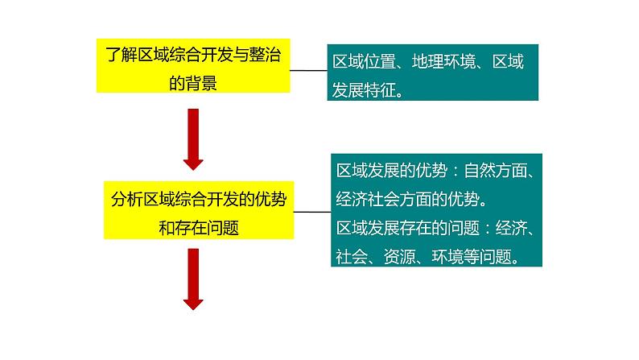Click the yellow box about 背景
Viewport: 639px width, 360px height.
193,66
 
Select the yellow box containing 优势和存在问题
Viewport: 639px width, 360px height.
199,210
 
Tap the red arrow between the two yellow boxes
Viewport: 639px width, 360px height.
193,139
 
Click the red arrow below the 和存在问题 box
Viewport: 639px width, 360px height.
193,279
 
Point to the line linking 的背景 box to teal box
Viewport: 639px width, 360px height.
308,71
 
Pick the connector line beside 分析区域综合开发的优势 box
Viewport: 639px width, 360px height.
312,212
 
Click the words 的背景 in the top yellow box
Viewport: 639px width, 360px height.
193,83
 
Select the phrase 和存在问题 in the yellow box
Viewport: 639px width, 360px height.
199,227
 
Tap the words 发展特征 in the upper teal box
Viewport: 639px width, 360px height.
364,90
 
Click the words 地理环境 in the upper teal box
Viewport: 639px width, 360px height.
443,61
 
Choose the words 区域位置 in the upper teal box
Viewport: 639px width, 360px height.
364,61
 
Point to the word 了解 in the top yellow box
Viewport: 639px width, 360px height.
122,55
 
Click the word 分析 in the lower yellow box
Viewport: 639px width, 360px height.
126,200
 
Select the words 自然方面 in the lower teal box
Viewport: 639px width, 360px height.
496,171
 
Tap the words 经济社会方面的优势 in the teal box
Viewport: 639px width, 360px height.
407,200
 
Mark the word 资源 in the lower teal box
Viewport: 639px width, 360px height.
399,256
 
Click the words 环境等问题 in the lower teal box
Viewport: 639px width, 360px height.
472,256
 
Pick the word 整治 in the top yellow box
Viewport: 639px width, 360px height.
265,55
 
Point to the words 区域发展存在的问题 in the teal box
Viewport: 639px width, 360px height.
407,227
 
